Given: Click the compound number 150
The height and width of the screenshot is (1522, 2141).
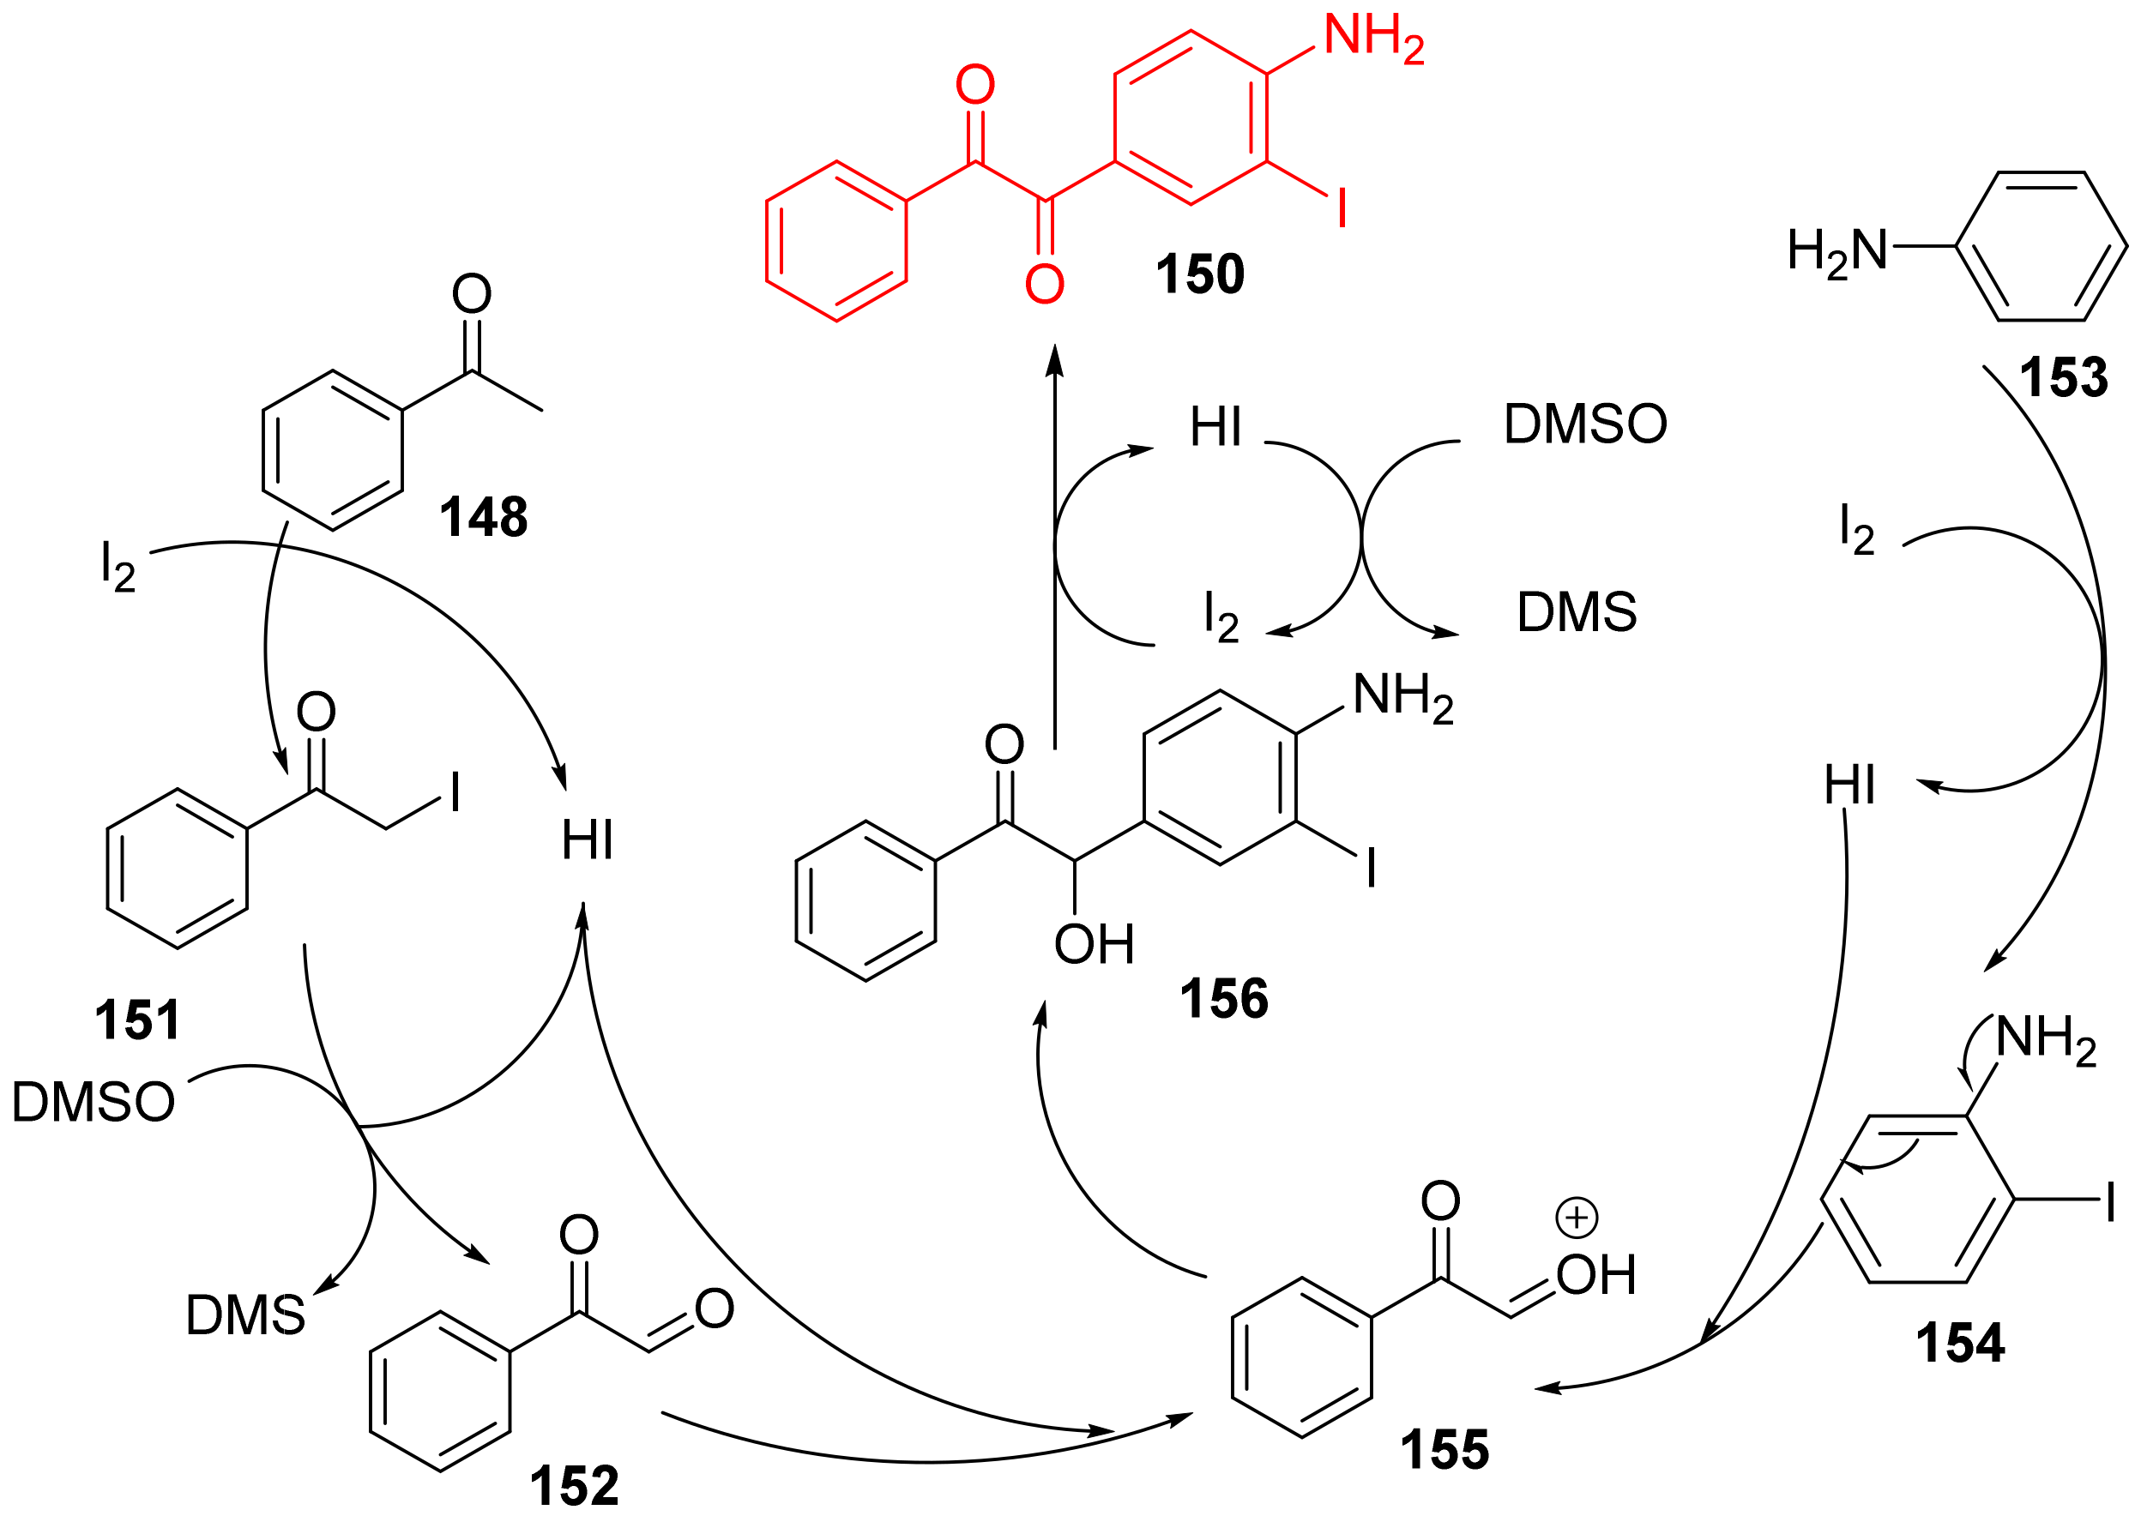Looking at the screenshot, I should click(x=1199, y=274).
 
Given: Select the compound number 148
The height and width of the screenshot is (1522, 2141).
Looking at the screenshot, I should click(x=484, y=517).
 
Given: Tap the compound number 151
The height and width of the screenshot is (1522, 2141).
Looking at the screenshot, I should click(x=137, y=1020).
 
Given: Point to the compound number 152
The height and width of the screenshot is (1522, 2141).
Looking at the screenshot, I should click(x=574, y=1486).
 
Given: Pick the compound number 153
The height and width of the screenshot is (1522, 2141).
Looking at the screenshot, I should click(x=2063, y=377).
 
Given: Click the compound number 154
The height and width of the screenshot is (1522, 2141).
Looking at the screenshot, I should click(x=1959, y=1343).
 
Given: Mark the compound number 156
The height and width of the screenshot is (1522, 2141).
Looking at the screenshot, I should click(x=1223, y=998).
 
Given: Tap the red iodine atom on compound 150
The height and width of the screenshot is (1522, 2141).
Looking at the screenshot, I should click(x=1342, y=208).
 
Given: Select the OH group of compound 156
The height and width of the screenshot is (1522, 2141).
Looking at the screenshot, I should click(x=1094, y=944).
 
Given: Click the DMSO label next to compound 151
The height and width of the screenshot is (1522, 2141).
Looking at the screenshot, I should click(x=93, y=1102).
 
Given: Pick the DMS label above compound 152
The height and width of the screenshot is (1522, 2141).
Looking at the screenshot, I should click(x=245, y=1314).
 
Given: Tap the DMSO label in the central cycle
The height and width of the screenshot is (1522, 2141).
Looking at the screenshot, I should click(x=1585, y=424).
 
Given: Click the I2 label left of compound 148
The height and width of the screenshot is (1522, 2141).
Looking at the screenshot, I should click(x=118, y=566).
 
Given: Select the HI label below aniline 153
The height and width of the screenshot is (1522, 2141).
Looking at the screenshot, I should click(x=1848, y=785).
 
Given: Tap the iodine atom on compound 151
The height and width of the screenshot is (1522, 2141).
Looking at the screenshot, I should click(x=455, y=793).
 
